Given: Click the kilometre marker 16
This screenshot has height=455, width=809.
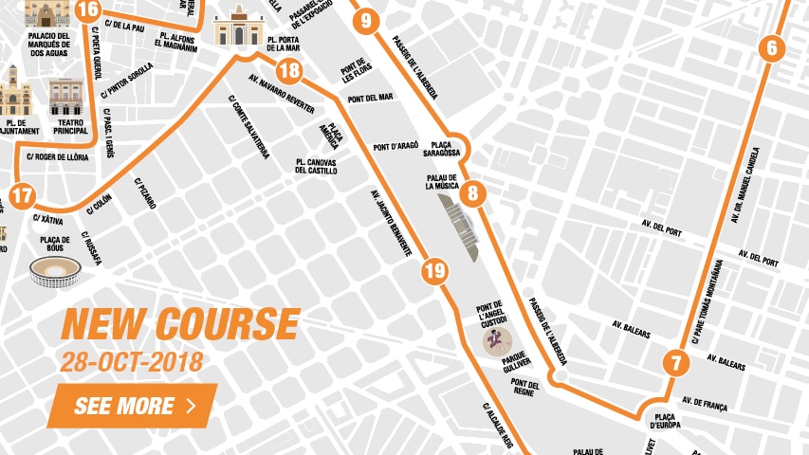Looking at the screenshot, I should point(87,10).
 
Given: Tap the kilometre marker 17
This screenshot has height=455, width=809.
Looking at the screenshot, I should point(23,197).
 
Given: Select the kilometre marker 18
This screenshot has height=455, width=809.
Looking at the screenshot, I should point(290,71).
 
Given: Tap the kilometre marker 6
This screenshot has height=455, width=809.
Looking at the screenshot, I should point(771,48).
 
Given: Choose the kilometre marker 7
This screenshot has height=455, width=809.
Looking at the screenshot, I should point(675,363).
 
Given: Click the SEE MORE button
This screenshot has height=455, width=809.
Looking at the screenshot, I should point(132,407).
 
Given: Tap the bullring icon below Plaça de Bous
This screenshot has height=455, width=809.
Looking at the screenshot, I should point(55,273).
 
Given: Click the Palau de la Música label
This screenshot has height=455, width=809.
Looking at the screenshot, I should point(442,182).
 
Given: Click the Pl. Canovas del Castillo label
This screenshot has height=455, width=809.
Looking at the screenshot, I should point(316,166).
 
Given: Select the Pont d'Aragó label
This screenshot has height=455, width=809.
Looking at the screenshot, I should point(395,147).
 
